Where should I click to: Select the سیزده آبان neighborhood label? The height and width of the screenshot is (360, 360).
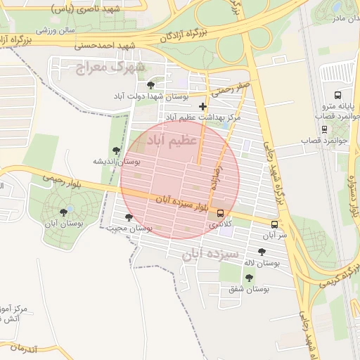coord(211,253)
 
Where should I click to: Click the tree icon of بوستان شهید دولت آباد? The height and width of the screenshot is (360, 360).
coord(150,85)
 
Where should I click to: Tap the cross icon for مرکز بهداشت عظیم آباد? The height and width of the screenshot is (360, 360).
coord(203,106)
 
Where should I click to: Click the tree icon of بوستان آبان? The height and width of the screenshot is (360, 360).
coord(64,212)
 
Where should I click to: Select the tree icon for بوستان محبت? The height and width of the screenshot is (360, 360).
coord(128,217)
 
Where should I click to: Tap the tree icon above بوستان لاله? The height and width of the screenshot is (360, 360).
coord(262,252)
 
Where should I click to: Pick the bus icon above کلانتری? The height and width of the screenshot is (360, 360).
coord(221,213)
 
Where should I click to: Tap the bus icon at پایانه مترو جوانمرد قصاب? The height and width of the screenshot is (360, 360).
coord(338,94)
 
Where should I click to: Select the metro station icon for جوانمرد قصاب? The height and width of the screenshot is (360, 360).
coord(324,129)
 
